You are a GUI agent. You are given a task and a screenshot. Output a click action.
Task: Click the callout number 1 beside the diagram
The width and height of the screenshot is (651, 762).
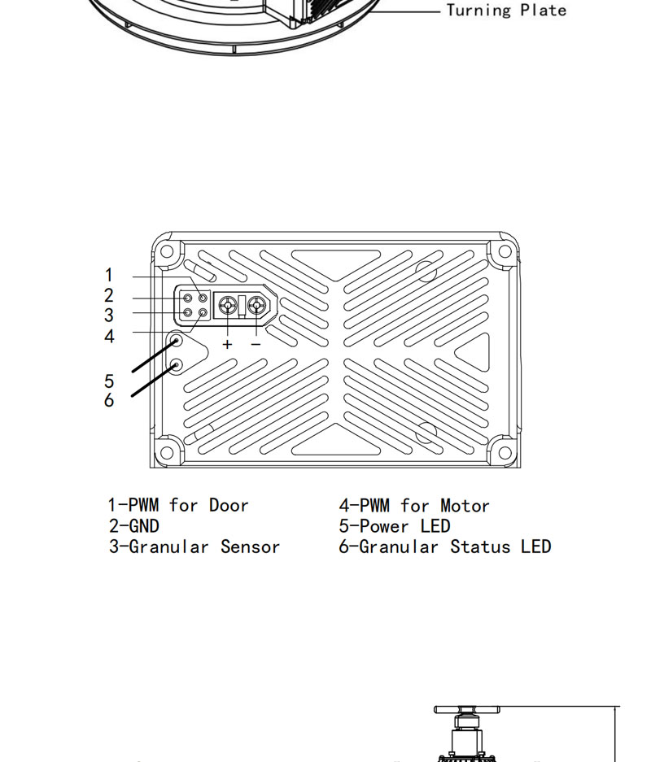109,275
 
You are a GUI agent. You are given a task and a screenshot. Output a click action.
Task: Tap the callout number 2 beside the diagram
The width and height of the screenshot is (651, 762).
109,295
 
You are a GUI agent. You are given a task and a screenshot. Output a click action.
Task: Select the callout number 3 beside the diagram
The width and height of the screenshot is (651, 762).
109,316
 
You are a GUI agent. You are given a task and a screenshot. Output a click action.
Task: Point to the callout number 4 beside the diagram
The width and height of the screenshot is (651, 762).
109,337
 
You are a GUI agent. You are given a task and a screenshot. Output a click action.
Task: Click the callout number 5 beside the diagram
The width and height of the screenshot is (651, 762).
109,381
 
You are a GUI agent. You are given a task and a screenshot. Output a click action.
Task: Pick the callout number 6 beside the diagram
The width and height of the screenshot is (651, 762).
109,400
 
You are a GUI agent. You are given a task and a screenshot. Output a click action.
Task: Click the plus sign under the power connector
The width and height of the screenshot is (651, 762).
227,344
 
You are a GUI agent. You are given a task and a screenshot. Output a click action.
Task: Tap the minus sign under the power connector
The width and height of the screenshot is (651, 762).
256,344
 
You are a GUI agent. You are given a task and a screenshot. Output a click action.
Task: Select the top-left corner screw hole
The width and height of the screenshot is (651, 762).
166,251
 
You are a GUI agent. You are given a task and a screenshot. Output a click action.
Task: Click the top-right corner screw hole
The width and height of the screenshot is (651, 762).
505,251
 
